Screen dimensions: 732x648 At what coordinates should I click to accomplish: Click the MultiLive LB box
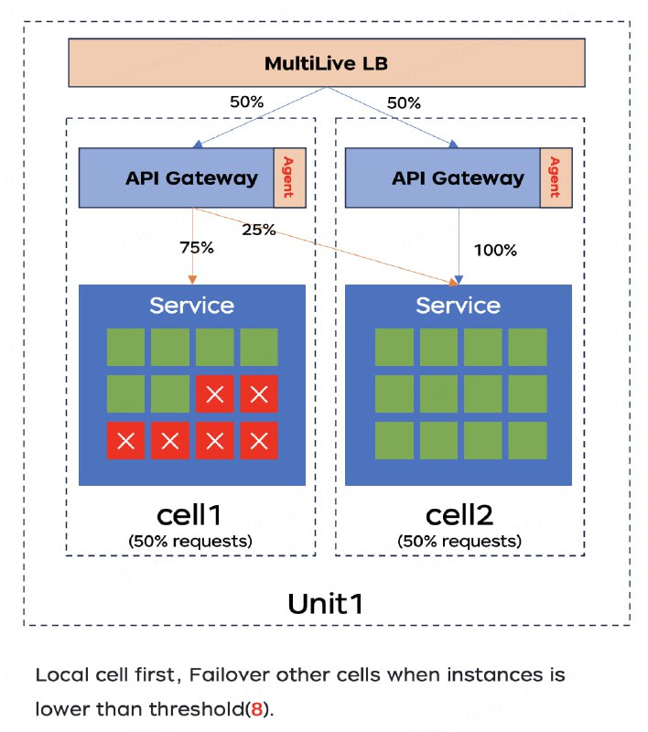pyautogui.click(x=325, y=64)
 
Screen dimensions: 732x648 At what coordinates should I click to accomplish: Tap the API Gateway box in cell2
pyautogui.click(x=444, y=177)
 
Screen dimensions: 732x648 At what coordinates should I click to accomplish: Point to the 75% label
pyautogui.click(x=196, y=247)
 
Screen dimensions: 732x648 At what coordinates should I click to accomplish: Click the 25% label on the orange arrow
pyautogui.click(x=258, y=229)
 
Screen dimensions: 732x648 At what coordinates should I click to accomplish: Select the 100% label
pyautogui.click(x=496, y=249)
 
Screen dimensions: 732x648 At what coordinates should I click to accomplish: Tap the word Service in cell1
pyautogui.click(x=191, y=305)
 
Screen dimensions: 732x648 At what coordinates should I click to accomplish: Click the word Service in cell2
pyautogui.click(x=458, y=305)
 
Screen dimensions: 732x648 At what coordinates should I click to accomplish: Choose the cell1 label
pyautogui.click(x=190, y=514)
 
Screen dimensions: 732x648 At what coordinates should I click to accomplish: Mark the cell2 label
pyautogui.click(x=459, y=514)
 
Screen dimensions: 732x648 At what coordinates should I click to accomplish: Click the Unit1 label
pyautogui.click(x=326, y=604)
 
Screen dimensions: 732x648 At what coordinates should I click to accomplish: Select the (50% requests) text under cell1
pyautogui.click(x=190, y=541)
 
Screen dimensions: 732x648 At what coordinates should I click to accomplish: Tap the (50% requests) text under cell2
pyautogui.click(x=459, y=541)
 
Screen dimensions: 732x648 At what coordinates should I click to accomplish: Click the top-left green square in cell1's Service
pyautogui.click(x=125, y=348)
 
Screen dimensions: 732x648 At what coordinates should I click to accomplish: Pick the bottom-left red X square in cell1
pyautogui.click(x=125, y=441)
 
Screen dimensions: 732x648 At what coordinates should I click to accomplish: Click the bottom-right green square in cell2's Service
pyautogui.click(x=527, y=441)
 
